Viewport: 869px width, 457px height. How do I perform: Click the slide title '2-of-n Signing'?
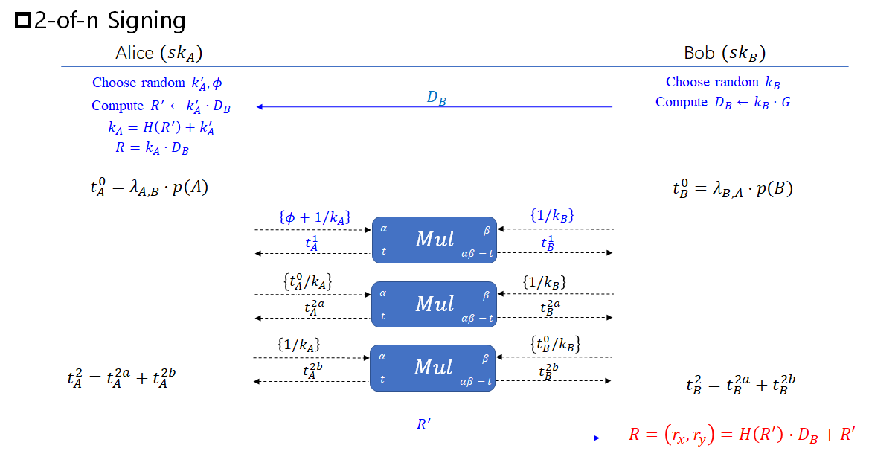point(109,20)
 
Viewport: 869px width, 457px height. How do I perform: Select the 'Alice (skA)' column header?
point(158,53)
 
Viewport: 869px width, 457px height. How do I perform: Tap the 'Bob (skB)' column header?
point(724,53)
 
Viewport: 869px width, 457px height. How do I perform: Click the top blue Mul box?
point(434,239)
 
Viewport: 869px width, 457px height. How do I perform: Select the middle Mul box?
point(434,304)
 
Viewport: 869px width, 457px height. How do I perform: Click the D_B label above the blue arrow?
point(436,98)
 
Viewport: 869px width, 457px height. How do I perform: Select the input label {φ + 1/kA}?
point(314,217)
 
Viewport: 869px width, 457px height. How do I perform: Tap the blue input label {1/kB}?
point(551,216)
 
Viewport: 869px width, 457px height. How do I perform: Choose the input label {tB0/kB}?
point(555,345)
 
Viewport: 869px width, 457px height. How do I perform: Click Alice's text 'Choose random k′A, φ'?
point(157,83)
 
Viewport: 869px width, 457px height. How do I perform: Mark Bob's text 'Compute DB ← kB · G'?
point(722,103)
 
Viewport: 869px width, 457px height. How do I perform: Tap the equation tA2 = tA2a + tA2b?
point(121,379)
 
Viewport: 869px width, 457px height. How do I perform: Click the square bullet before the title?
point(23,22)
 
